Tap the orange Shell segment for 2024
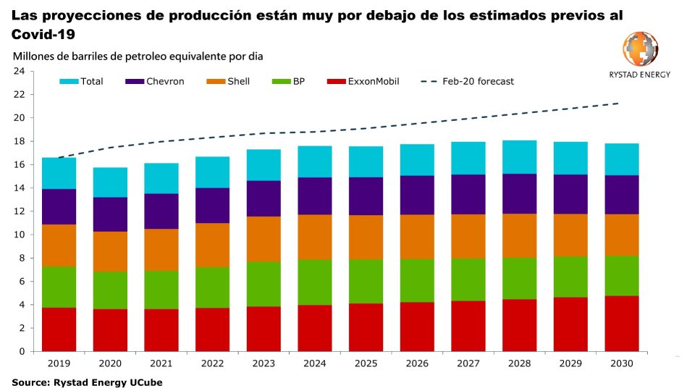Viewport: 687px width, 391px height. click(315, 237)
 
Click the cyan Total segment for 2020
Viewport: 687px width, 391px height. click(110, 182)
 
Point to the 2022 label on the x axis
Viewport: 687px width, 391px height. click(212, 363)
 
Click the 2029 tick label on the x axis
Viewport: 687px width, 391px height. click(570, 363)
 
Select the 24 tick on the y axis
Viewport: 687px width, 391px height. click(19, 71)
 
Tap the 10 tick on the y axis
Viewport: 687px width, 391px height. click(19, 235)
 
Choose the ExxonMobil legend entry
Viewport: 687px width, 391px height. click(363, 81)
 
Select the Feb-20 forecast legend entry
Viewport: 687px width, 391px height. click(467, 81)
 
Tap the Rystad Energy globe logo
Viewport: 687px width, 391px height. click(640, 49)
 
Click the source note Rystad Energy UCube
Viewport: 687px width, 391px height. click(86, 382)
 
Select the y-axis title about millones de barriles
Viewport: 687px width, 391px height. click(138, 56)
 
